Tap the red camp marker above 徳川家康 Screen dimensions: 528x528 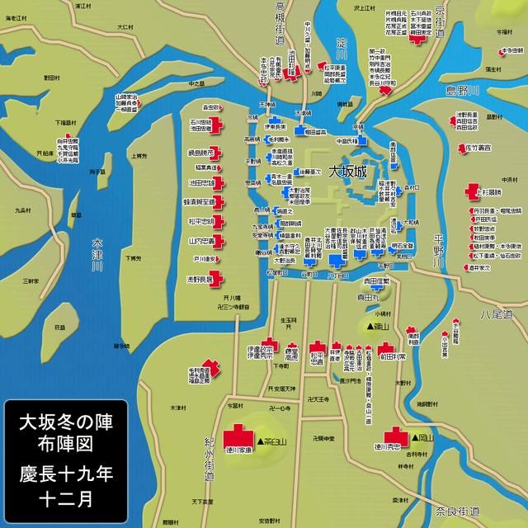coord(239,434)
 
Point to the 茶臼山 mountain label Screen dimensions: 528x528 coord(272,443)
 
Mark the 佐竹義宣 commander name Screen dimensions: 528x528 coord(478,147)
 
